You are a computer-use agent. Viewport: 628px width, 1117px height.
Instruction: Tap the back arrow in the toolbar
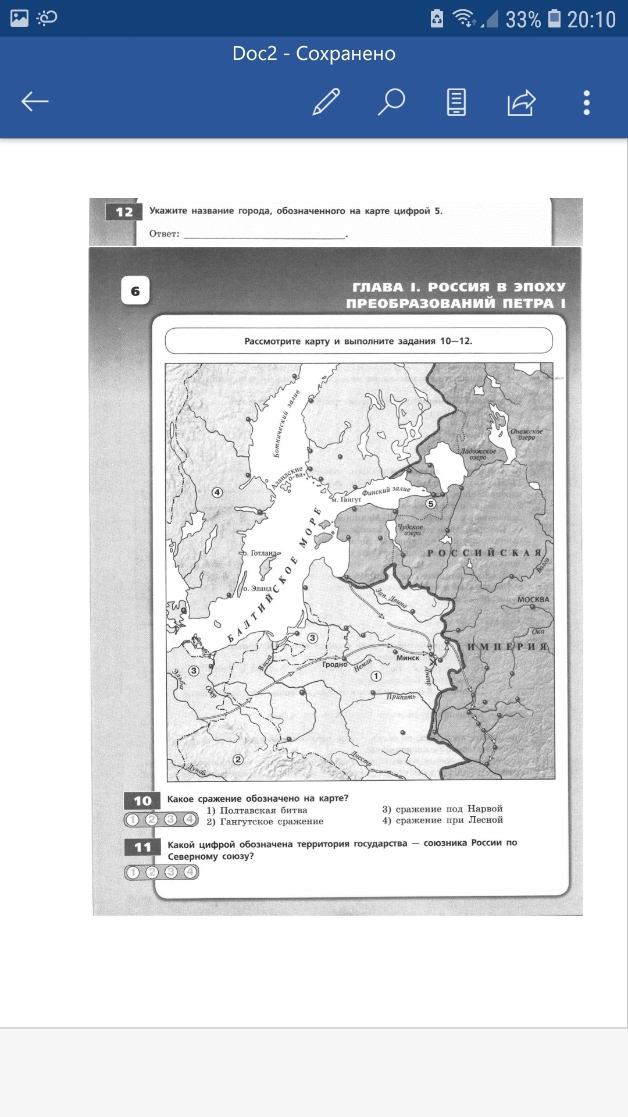point(35,102)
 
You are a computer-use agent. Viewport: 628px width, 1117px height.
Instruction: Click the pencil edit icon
point(326,102)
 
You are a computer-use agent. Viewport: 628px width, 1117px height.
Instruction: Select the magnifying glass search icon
point(391,102)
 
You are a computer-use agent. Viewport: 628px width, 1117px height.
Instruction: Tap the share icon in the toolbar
point(521,102)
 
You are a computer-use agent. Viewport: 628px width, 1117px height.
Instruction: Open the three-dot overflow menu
point(586,102)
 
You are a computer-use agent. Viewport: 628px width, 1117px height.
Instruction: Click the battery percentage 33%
point(523,20)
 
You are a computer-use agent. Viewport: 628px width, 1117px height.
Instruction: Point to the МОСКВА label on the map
point(533,599)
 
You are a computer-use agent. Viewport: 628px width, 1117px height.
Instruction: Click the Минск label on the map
point(408,658)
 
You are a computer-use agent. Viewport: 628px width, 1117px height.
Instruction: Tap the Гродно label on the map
point(335,664)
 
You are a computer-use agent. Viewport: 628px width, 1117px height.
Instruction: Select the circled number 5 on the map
point(430,504)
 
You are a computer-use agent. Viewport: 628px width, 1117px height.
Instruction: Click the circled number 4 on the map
point(217,492)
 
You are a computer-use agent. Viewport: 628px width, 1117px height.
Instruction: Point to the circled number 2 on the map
point(237,759)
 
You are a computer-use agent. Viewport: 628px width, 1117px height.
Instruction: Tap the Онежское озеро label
point(526,435)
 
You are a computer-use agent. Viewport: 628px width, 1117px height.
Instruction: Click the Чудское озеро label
point(411,529)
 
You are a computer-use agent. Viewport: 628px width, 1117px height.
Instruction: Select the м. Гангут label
point(347,500)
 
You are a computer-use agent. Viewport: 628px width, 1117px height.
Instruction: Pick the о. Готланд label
point(260,553)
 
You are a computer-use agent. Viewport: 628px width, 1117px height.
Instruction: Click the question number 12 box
point(124,212)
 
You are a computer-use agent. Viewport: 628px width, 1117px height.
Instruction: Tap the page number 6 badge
point(135,291)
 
